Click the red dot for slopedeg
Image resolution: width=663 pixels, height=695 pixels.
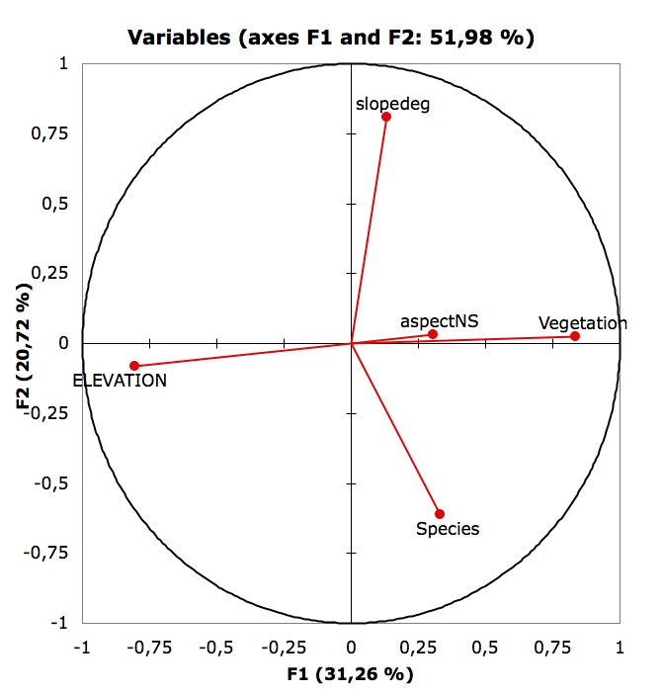(386, 117)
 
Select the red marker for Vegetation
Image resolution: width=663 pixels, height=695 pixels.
(575, 336)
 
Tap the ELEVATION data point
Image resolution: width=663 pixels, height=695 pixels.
(134, 366)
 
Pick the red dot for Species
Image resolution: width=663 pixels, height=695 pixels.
(440, 514)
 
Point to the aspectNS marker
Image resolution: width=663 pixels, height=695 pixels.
(433, 334)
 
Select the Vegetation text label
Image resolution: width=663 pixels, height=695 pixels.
(583, 323)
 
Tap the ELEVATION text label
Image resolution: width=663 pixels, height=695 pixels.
(120, 380)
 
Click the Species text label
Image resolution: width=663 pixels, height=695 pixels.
(448, 529)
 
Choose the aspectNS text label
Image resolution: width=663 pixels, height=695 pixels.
(432, 321)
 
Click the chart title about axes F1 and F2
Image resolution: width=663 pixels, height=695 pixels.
(331, 39)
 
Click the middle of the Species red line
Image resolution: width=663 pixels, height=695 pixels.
(395, 429)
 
